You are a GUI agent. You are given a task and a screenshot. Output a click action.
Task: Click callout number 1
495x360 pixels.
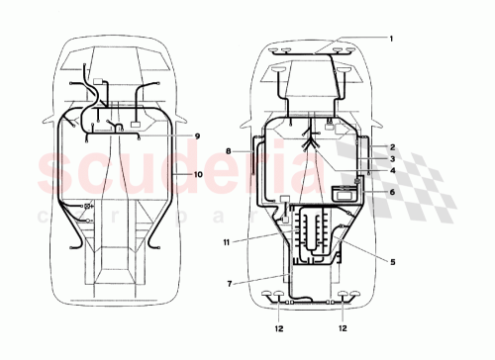[390, 39]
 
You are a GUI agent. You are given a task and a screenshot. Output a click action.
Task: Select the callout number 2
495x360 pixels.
[391, 146]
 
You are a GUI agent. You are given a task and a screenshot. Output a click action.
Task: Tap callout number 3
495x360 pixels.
[391, 158]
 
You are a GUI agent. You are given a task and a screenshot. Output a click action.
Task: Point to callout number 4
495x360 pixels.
[391, 170]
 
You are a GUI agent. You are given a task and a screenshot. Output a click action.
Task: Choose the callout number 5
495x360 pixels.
[391, 261]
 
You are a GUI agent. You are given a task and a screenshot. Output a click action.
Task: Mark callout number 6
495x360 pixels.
[391, 193]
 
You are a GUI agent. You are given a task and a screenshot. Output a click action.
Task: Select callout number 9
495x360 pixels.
[196, 135]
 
